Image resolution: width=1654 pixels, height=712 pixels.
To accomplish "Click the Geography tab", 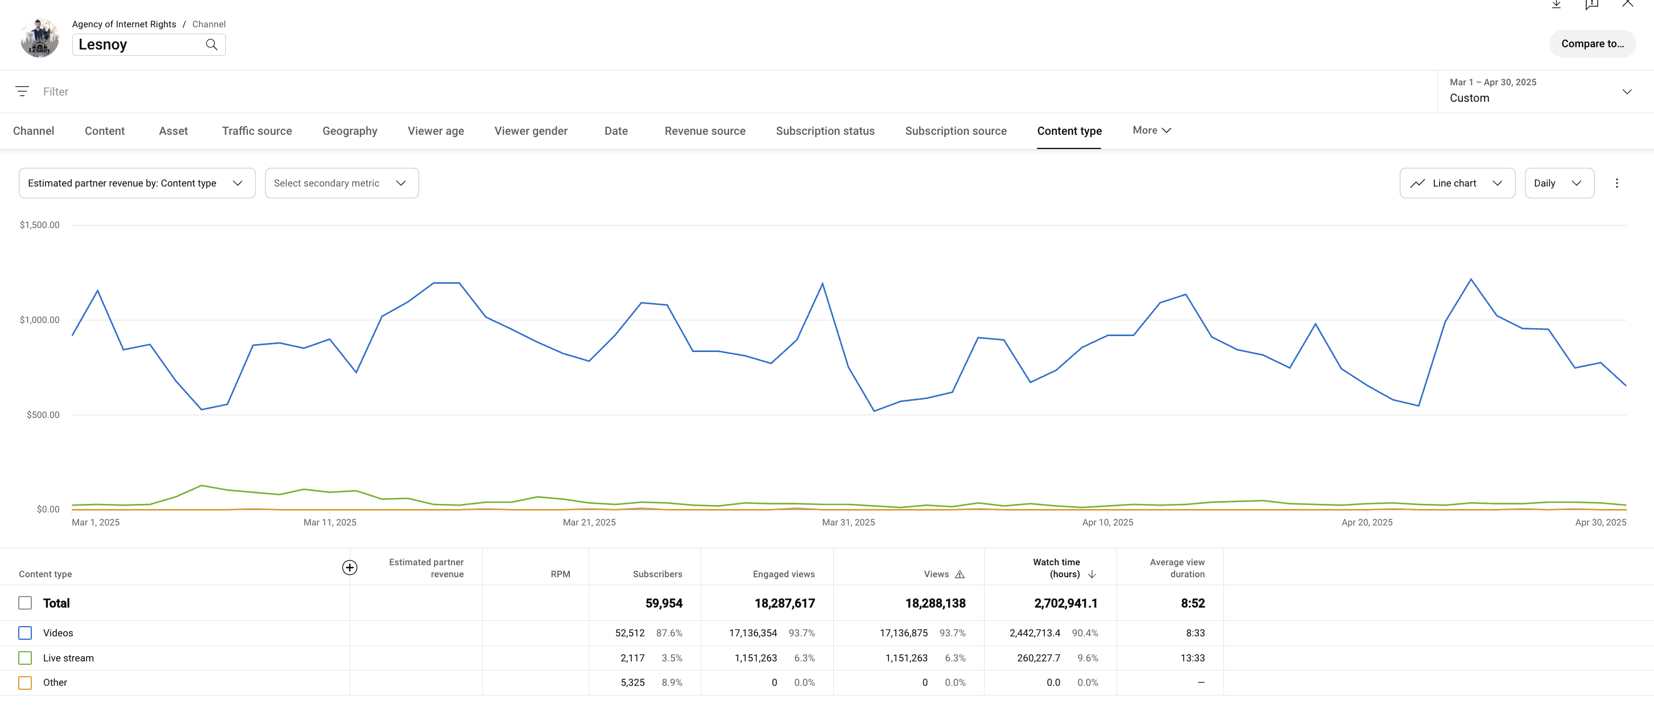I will (349, 131).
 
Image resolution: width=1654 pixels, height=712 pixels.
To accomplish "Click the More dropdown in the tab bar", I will (1151, 130).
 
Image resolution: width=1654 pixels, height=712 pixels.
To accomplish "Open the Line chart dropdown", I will (1456, 184).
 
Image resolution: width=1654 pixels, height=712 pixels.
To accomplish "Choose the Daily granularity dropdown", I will (1558, 184).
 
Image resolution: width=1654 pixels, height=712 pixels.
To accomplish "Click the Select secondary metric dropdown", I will (341, 184).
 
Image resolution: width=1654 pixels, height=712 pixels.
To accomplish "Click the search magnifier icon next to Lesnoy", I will (211, 45).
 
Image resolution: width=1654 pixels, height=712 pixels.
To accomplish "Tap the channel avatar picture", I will (40, 39).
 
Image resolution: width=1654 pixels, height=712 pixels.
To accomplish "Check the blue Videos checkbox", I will (25, 633).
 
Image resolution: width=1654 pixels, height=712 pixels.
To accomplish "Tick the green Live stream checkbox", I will (25, 658).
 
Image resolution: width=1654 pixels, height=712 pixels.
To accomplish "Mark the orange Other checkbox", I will (25, 683).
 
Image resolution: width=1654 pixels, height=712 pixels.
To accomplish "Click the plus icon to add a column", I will (349, 568).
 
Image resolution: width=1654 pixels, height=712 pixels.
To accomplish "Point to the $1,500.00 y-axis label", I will (40, 225).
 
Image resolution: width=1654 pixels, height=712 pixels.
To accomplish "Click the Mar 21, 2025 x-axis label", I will (589, 523).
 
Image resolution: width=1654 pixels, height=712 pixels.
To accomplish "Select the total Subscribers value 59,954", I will (663, 603).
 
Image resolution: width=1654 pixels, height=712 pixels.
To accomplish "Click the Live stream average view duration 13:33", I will (1192, 658).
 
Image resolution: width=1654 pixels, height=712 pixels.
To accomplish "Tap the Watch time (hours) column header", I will (1057, 568).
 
